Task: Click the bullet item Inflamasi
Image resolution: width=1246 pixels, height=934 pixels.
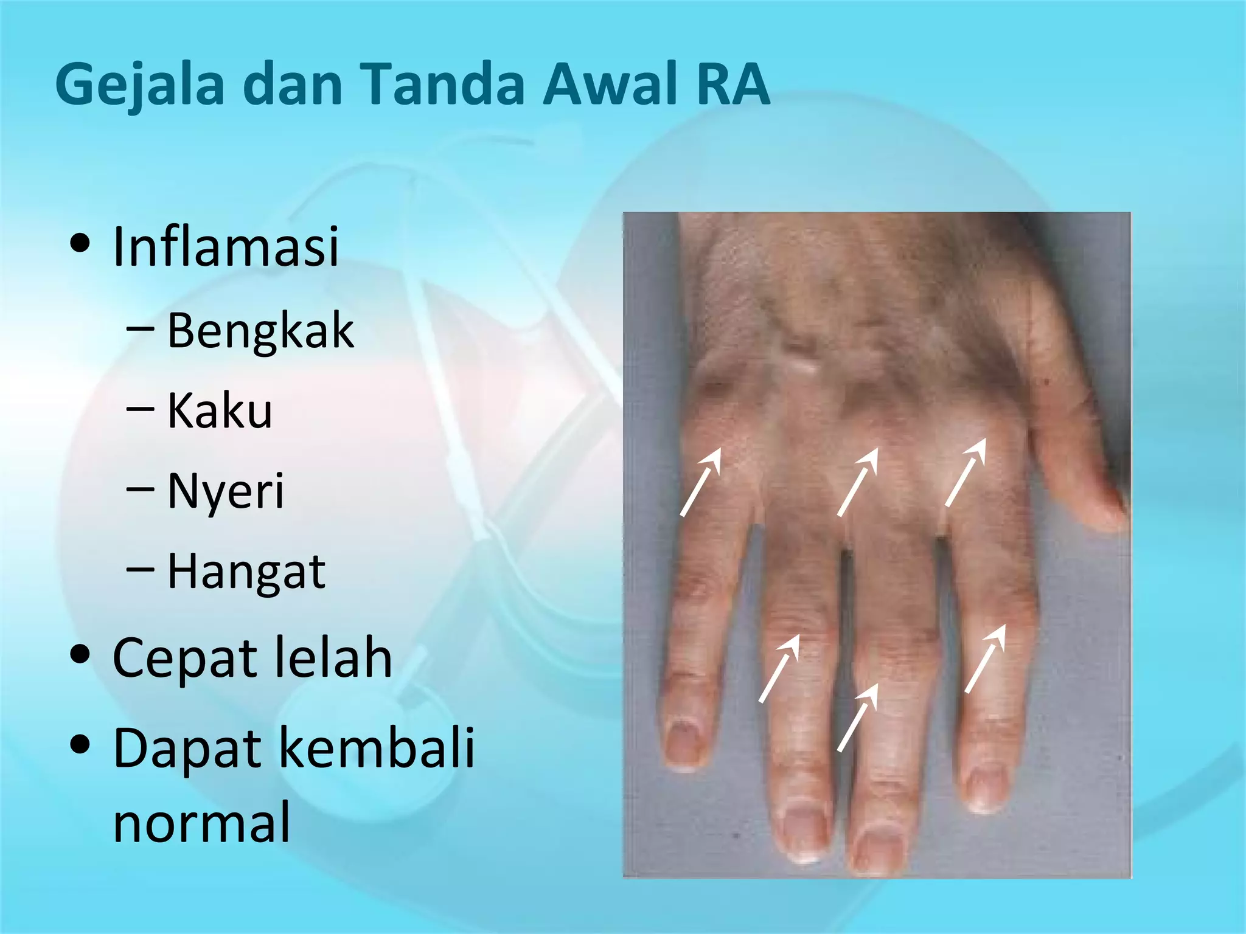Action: (226, 246)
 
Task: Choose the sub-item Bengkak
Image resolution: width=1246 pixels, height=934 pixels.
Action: (260, 331)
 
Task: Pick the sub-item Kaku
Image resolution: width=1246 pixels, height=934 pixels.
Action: (220, 411)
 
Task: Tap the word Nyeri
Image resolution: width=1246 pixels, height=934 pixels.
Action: (226, 491)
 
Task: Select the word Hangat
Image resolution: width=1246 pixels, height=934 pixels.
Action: (246, 572)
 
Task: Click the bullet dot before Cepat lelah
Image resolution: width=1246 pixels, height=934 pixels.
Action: (80, 656)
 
